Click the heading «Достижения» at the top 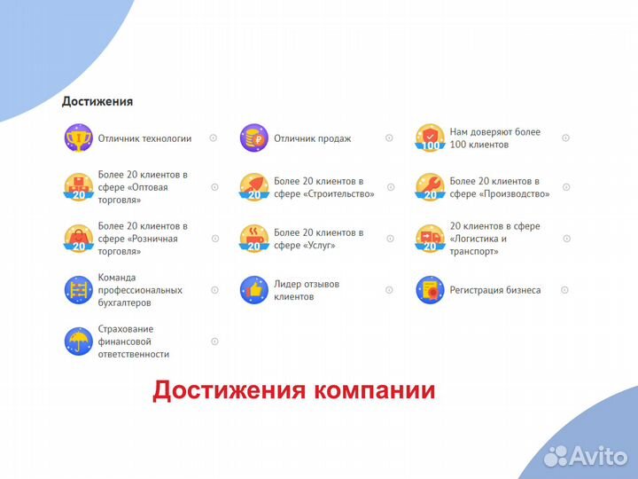97,101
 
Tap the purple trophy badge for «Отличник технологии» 78,138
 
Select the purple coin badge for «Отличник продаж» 253,138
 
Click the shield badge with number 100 430,138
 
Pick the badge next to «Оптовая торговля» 78,187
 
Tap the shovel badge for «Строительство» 253,187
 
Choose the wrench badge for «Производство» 430,187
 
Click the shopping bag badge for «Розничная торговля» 78,239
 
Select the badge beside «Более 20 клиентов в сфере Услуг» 253,239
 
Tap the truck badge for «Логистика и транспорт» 430,239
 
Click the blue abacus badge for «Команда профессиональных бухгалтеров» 78,290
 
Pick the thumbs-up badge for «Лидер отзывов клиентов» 253,290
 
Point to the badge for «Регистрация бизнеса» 430,290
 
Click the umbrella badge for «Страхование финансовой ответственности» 78,342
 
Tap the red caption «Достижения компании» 293,390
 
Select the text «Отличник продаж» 312,138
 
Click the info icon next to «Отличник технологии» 214,138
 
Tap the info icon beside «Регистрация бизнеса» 564,290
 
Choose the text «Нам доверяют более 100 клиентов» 494,138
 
